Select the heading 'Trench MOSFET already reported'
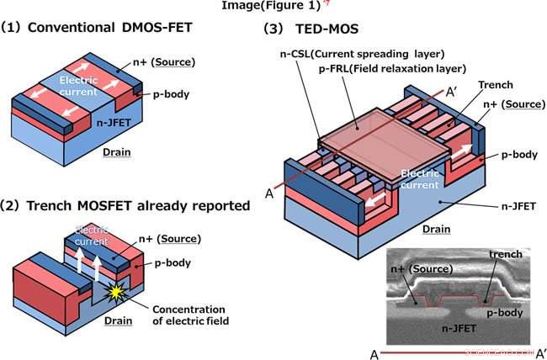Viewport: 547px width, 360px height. click(x=126, y=204)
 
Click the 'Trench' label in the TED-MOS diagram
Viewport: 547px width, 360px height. click(x=496, y=85)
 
